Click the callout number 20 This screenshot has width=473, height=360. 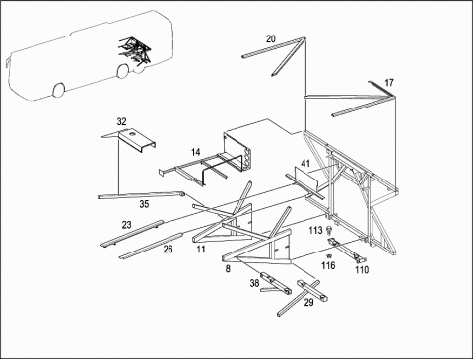click(270, 39)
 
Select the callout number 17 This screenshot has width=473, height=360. click(389, 82)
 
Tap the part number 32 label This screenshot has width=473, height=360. click(121, 121)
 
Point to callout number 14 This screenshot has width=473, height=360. click(196, 152)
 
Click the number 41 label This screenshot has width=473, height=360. click(305, 163)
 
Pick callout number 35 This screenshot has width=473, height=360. click(144, 204)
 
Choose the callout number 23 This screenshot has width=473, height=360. click(127, 225)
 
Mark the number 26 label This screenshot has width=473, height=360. click(168, 250)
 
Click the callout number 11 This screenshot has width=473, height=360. click(201, 250)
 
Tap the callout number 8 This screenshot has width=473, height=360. click(228, 269)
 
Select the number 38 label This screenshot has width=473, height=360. click(254, 283)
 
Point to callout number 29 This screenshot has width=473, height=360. click(308, 303)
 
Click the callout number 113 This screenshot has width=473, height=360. click(315, 230)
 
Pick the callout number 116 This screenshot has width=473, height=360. click(328, 265)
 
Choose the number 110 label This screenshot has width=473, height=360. click(362, 270)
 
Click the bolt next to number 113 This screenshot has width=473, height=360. click(329, 230)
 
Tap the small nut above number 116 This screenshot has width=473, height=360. click(327, 256)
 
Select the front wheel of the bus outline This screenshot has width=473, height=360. click(58, 90)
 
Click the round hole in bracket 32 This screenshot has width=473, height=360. click(132, 134)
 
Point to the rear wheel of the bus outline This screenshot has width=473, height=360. click(123, 71)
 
